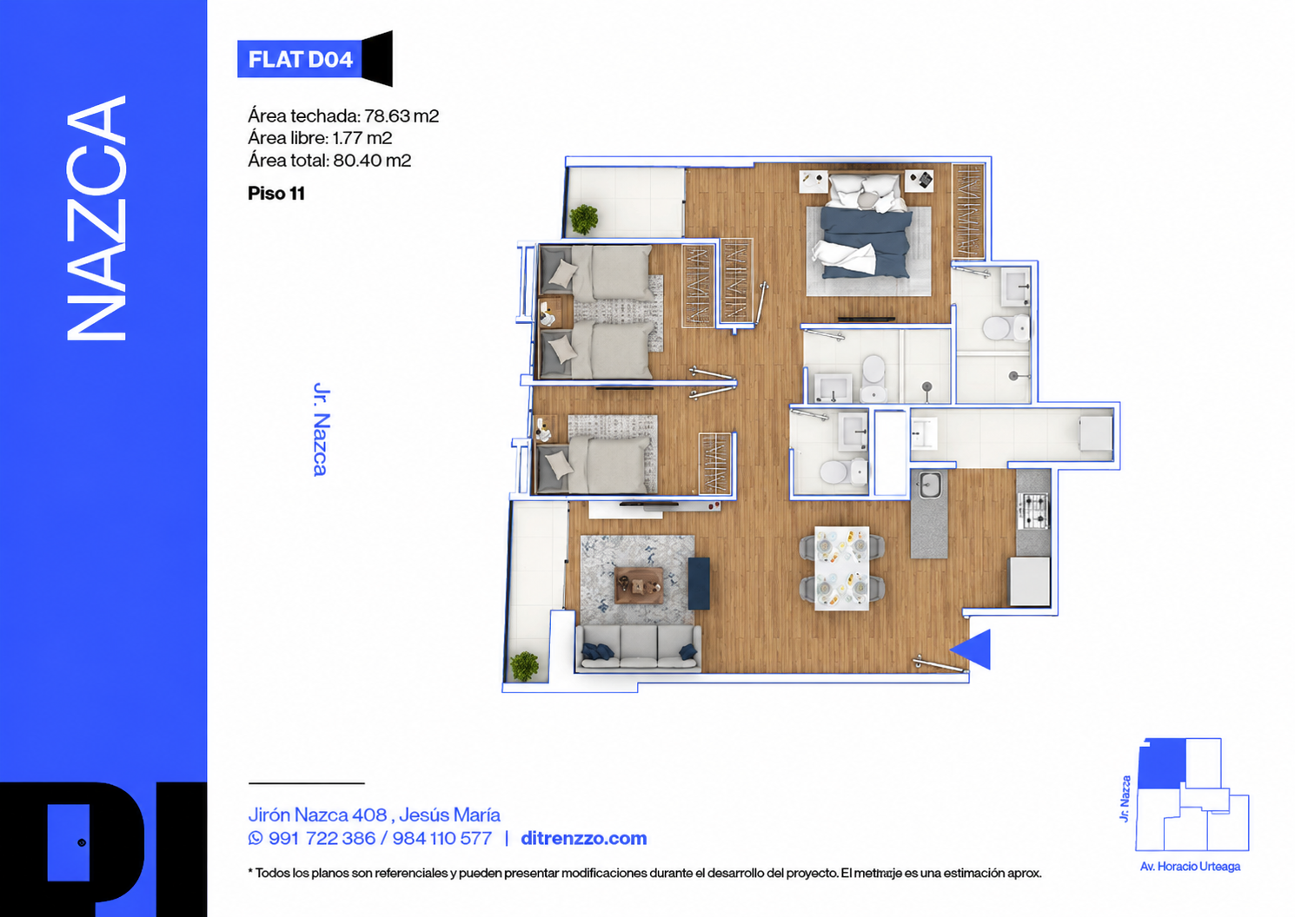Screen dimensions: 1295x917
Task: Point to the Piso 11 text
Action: point(276,194)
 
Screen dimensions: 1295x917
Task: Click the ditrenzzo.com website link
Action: point(584,838)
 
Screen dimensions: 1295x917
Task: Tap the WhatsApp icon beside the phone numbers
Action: point(256,838)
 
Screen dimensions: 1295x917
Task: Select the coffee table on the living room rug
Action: point(638,585)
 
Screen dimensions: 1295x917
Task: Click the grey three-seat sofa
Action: point(638,648)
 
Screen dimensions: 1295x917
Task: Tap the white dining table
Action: point(841,568)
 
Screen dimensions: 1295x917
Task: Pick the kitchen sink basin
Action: point(930,485)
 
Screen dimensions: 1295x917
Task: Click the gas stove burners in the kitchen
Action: point(1033,511)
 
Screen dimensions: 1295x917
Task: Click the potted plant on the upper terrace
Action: point(584,220)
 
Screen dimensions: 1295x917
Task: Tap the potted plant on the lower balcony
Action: point(524,666)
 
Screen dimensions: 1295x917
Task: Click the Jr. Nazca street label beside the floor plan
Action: point(321,429)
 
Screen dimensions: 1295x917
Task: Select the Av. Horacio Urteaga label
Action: point(1190,866)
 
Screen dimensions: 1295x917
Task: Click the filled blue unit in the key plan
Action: point(1162,763)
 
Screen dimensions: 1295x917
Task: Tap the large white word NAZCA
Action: point(96,218)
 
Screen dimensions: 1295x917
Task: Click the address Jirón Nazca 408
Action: point(317,815)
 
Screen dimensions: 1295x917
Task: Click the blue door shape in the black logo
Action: point(68,842)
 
